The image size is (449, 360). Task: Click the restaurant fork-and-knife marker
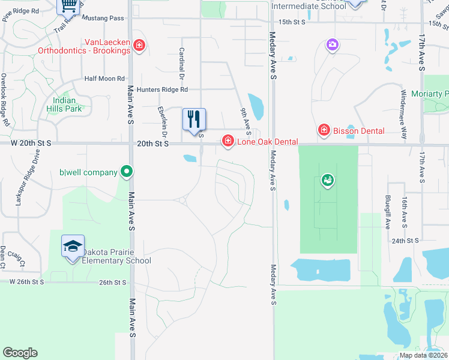194,119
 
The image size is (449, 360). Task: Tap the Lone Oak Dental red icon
228,141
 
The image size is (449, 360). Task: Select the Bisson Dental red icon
324,130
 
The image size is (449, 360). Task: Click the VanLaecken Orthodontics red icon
139,46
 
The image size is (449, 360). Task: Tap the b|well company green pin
126,172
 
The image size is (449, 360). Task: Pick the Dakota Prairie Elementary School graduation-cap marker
73,246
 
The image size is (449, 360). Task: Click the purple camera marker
332,44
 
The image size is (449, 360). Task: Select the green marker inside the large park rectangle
327,179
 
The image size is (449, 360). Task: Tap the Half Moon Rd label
104,79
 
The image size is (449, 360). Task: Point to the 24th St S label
405,241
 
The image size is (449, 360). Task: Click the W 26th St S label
27,281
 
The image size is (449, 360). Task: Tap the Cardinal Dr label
181,64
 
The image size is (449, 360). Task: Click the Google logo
20,353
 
